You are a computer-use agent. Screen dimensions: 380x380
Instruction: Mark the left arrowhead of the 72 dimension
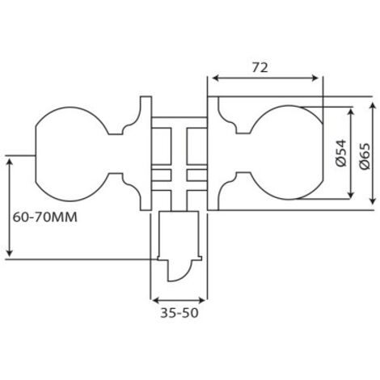point(214,78)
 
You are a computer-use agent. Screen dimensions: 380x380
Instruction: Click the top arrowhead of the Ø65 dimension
point(373,104)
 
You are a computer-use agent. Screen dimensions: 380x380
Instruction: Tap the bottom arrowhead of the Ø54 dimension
point(350,194)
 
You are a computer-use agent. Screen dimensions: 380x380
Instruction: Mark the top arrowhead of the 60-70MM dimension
point(9,161)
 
